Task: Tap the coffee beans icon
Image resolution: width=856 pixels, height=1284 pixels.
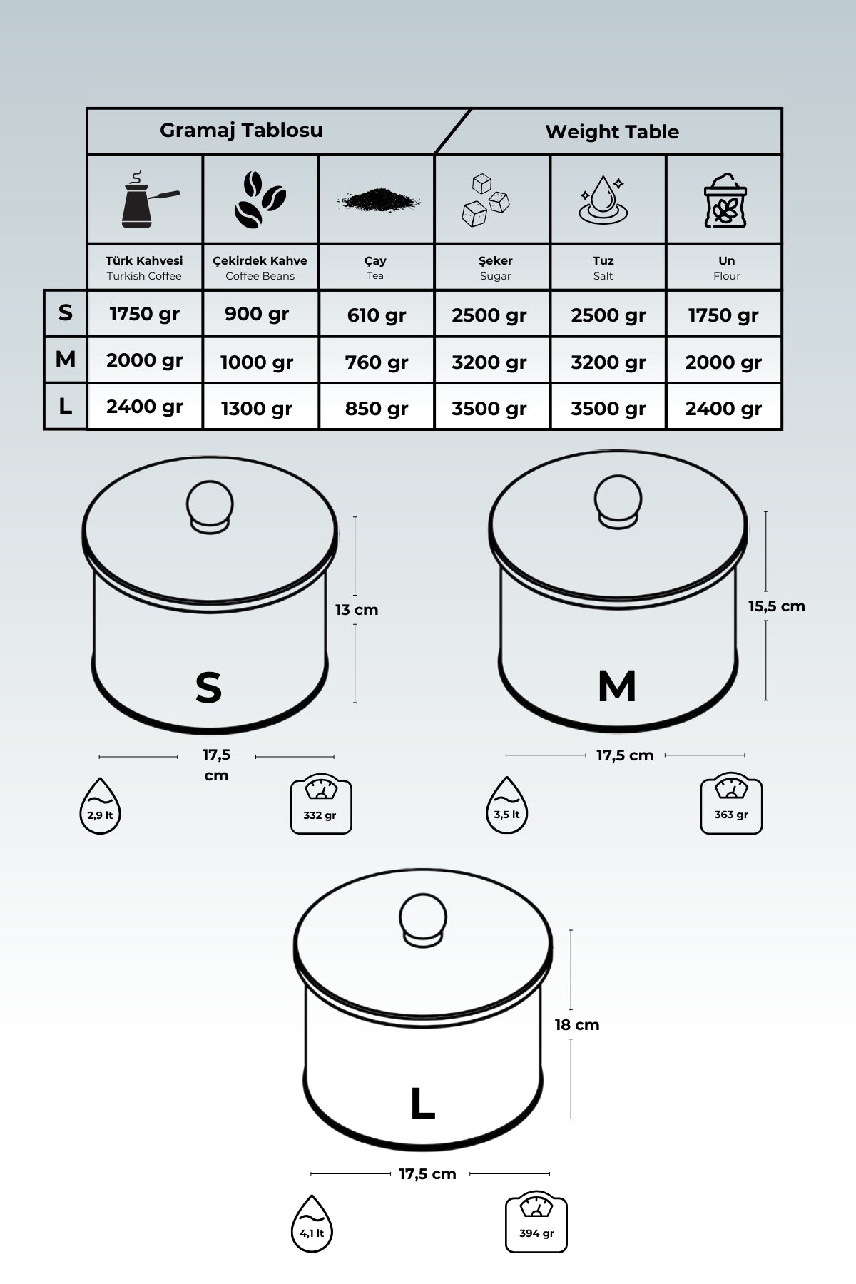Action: pyautogui.click(x=260, y=200)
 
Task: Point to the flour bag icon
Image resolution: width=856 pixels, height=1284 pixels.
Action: pyautogui.click(x=725, y=200)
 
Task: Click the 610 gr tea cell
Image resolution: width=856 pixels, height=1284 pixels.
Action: pyautogui.click(x=376, y=315)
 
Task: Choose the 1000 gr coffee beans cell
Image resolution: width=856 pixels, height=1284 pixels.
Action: pyautogui.click(x=257, y=362)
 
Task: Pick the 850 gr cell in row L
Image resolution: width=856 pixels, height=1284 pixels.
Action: pyautogui.click(x=376, y=408)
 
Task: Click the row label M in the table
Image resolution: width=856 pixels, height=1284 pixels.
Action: pyautogui.click(x=66, y=359)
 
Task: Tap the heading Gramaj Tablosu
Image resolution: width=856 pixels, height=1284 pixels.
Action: pyautogui.click(x=241, y=130)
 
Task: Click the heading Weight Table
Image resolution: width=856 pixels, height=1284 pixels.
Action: pyautogui.click(x=612, y=131)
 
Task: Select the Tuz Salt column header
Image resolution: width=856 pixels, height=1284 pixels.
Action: pyautogui.click(x=603, y=267)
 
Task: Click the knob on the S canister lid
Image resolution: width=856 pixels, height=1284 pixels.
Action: pyautogui.click(x=210, y=505)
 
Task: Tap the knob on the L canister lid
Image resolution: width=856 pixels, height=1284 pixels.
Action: pyautogui.click(x=423, y=919)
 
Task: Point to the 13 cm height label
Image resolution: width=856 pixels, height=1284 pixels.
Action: pyautogui.click(x=357, y=610)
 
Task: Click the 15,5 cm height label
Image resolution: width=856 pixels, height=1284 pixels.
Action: pyautogui.click(x=776, y=606)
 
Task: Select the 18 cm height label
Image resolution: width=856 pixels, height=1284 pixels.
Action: pyautogui.click(x=577, y=1025)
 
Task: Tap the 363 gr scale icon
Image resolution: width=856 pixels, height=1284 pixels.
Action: pyautogui.click(x=731, y=803)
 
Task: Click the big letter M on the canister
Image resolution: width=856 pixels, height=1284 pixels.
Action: pyautogui.click(x=617, y=686)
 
